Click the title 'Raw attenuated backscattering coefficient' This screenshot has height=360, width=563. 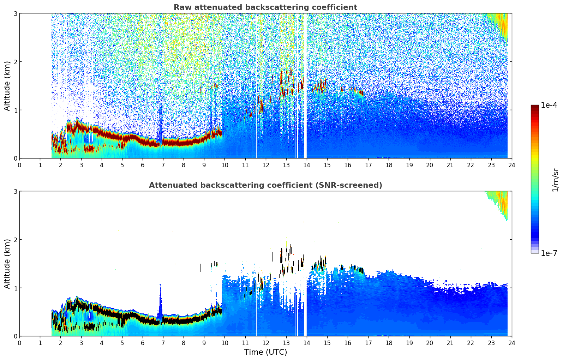pyautogui.click(x=265, y=7)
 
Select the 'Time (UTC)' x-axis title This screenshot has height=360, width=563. pyautogui.click(x=265, y=352)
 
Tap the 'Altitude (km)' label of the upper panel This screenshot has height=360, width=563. pyautogui.click(x=7, y=86)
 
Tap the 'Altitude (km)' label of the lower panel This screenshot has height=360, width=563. pyautogui.click(x=7, y=264)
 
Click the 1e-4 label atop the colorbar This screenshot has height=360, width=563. pyautogui.click(x=549, y=105)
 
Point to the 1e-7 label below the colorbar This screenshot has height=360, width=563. pyautogui.click(x=549, y=253)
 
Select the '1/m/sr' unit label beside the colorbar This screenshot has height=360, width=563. pyautogui.click(x=555, y=180)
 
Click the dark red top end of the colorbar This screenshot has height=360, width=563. pyautogui.click(x=535, y=107)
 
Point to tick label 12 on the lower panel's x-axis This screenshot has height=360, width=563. pyautogui.click(x=265, y=343)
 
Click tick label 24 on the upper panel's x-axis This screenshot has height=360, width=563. pyautogui.click(x=511, y=165)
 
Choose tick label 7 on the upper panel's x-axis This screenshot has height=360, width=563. pyautogui.click(x=163, y=165)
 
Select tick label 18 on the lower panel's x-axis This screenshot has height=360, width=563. pyautogui.click(x=389, y=343)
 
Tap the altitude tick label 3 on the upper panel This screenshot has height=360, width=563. pyautogui.click(x=16, y=13)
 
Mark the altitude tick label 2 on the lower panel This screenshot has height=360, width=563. pyautogui.click(x=16, y=240)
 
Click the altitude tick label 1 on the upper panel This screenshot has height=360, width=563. pyautogui.click(x=16, y=110)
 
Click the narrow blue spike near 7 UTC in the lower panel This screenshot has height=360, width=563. pyautogui.click(x=160, y=300)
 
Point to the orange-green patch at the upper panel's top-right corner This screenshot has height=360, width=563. pyautogui.click(x=501, y=25)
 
